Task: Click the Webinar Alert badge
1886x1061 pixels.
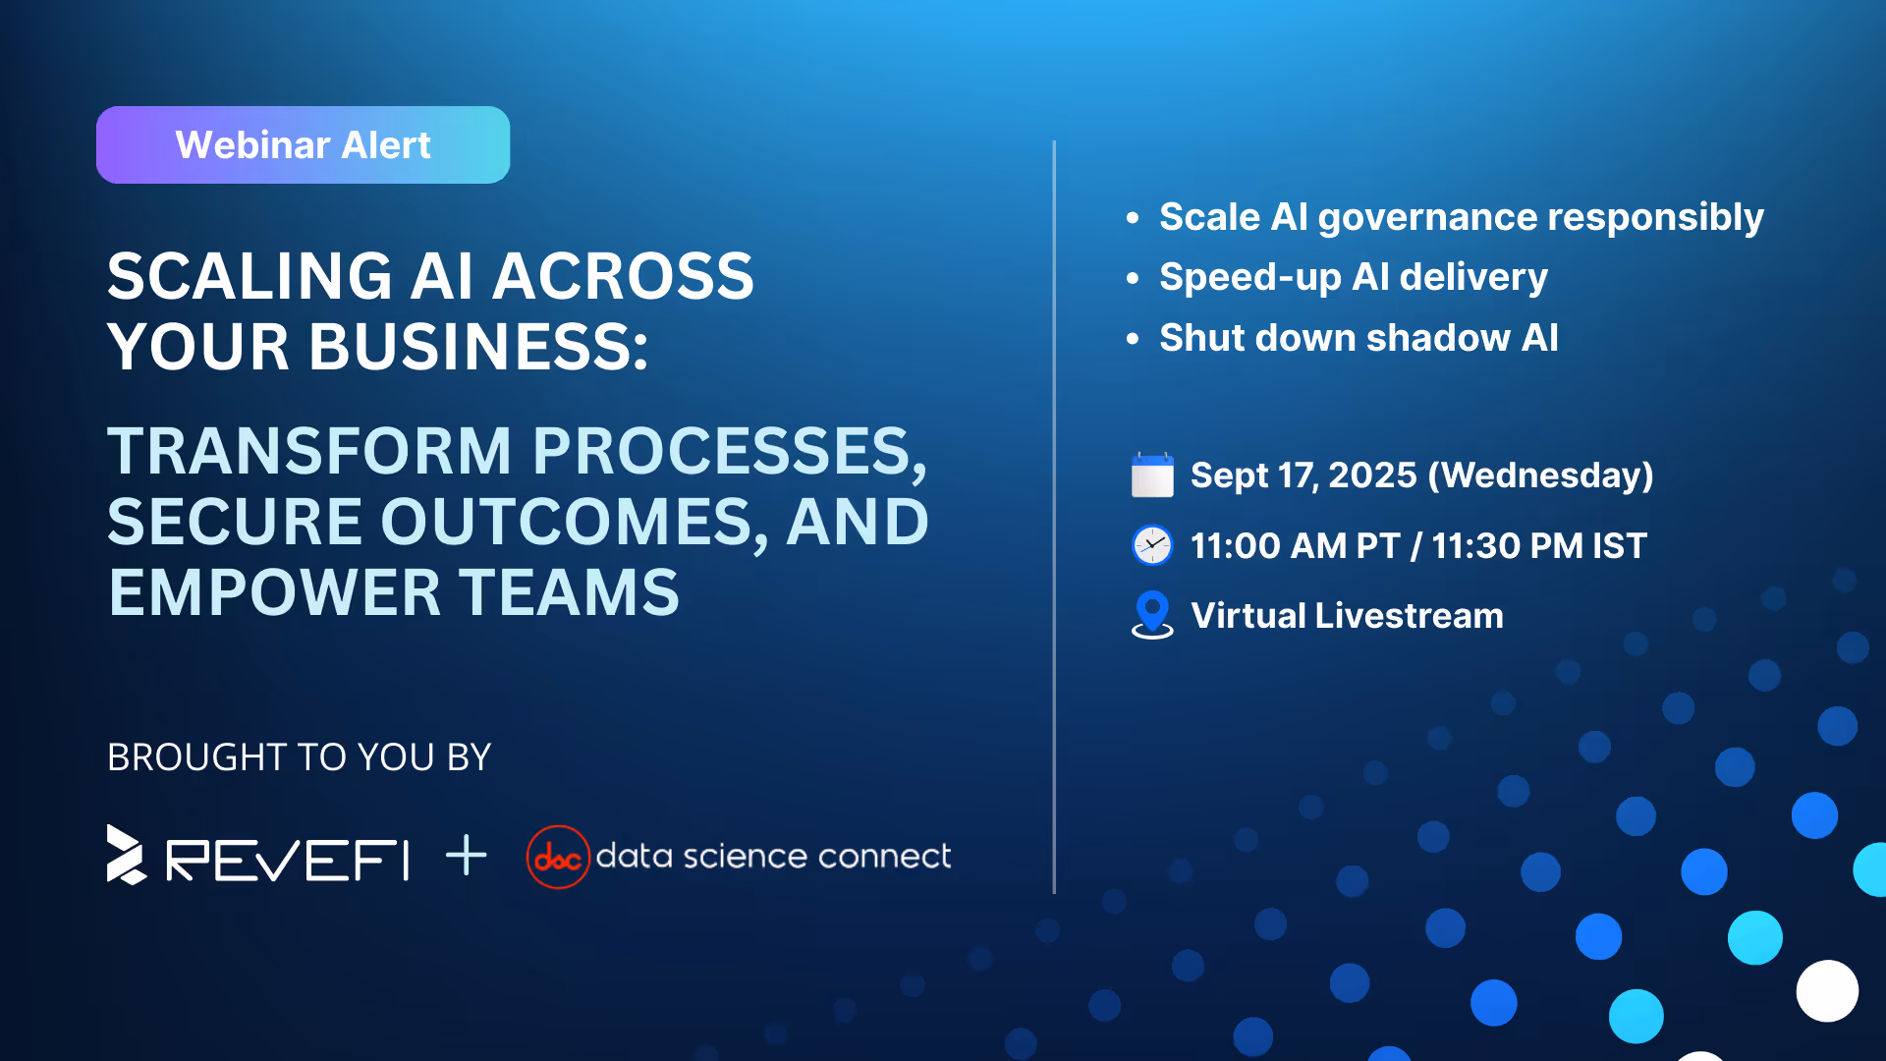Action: pos(303,144)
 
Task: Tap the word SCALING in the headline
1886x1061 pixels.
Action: pos(250,276)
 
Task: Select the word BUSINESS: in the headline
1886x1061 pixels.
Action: pos(478,347)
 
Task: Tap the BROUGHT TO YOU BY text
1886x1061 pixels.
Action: pos(299,757)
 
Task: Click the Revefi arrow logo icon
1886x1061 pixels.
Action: pos(126,855)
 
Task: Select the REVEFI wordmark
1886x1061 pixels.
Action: pos(287,861)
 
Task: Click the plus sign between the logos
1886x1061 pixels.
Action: pos(466,855)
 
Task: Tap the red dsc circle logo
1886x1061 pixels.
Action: pos(558,857)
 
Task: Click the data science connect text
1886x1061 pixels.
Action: pos(773,857)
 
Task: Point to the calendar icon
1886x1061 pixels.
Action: pos(1152,475)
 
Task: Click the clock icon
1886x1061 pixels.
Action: pos(1152,545)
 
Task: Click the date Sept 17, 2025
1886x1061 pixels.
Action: pos(1304,475)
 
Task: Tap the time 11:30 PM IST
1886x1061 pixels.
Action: pos(1539,546)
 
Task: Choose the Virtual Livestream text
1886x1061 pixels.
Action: pos(1347,616)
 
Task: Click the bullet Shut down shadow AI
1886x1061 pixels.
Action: pos(1359,338)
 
